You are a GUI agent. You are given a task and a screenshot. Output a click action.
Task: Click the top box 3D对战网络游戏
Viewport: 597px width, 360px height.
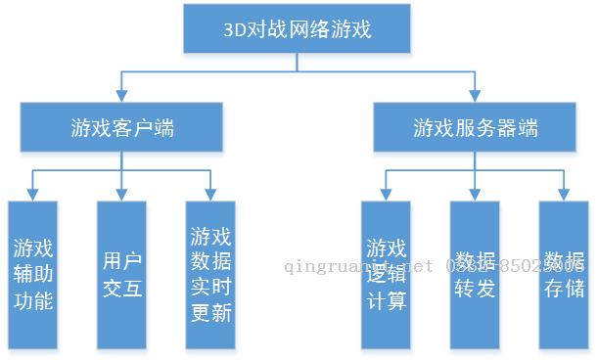pos(298,28)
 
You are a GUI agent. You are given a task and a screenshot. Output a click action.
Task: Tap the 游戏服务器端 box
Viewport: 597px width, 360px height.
pos(475,127)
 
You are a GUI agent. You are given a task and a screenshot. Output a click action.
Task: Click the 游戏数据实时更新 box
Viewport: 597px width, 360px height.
pos(210,275)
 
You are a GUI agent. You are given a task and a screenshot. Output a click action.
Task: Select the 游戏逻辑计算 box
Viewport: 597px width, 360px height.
pos(386,275)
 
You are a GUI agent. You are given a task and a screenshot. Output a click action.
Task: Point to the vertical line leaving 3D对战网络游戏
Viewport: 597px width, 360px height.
pos(298,62)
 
